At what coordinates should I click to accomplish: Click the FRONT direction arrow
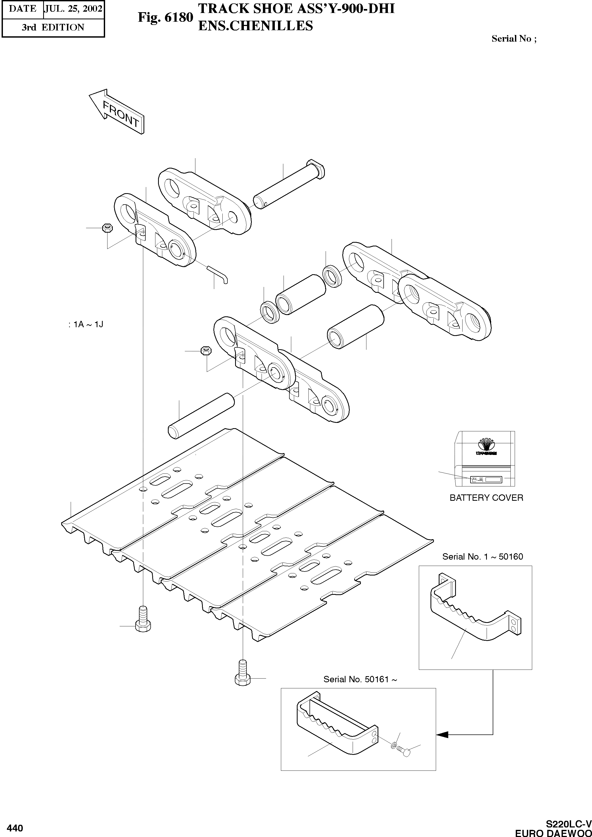(117, 112)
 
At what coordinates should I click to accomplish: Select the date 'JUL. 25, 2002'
(73, 9)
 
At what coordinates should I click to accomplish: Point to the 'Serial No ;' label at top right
(514, 39)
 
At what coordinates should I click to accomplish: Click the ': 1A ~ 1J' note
(86, 324)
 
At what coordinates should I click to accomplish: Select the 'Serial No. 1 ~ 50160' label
(482, 556)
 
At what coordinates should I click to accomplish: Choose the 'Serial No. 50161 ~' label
(360, 679)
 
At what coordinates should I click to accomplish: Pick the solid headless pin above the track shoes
(200, 416)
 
